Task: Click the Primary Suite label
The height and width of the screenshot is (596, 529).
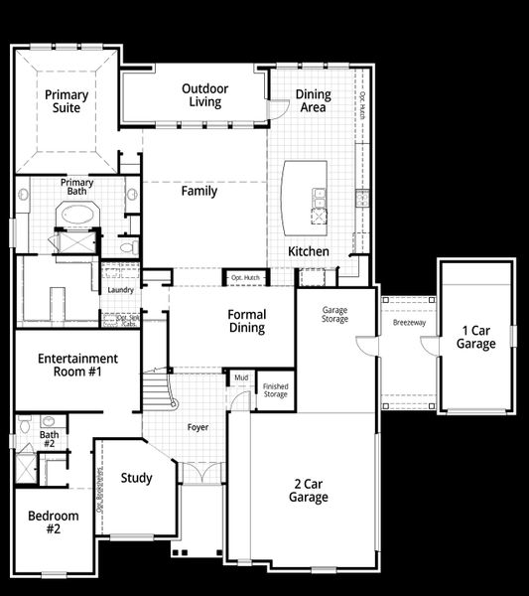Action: coord(66,101)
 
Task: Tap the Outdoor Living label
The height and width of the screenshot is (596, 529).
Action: coord(204,95)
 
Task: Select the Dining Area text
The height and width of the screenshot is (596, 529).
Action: coord(314,101)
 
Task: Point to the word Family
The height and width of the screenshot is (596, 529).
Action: coord(198,191)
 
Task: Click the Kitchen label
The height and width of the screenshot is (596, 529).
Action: coord(308,251)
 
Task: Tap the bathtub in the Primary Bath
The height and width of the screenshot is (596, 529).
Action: coord(75,214)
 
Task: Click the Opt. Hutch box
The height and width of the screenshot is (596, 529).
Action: coord(244,277)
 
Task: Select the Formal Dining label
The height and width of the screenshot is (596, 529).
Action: coord(247,322)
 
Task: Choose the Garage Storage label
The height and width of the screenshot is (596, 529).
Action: coord(334,315)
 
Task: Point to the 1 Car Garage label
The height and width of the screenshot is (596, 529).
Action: coord(475,337)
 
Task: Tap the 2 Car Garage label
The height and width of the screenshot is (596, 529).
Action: coord(309,491)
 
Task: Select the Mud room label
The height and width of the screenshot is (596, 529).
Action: coord(241,377)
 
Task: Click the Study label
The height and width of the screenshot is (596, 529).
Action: coord(136,479)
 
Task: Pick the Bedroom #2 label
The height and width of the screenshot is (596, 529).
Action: coord(53,521)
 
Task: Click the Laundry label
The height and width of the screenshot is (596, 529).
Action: coord(120,289)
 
